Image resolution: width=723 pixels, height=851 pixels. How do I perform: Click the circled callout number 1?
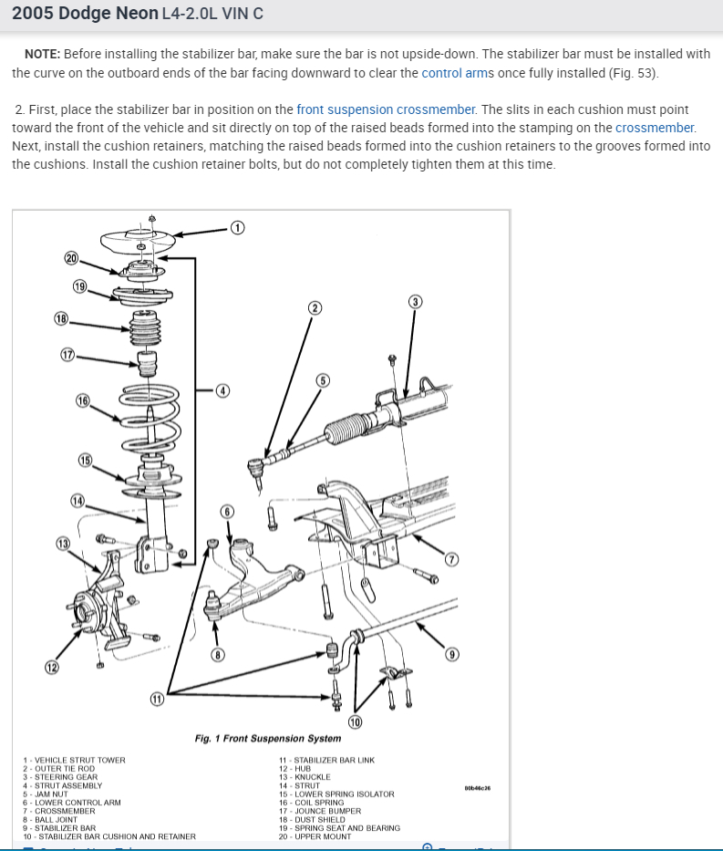pos(236,228)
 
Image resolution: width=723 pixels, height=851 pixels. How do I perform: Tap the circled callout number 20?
pos(72,257)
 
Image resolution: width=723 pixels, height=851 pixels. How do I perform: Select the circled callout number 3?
pos(415,301)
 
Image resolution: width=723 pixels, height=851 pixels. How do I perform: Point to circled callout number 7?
pos(451,559)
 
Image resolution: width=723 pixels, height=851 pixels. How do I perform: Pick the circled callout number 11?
pos(158,700)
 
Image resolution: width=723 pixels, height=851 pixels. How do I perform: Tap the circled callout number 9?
pos(452,654)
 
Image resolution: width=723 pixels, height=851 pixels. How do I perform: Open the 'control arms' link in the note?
pos(451,73)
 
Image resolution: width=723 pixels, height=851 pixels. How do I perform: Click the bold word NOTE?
pos(42,54)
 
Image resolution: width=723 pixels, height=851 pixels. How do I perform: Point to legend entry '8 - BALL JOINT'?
pos(50,819)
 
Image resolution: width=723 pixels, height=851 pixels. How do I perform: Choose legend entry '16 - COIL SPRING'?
pos(312,803)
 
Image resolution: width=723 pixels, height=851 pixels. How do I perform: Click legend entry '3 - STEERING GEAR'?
pos(60,777)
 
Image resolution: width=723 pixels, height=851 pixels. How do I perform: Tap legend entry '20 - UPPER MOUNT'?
pos(315,836)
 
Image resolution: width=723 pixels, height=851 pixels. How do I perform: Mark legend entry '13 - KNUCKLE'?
pos(305,777)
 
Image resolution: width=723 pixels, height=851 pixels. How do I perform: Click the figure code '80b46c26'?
pos(477,787)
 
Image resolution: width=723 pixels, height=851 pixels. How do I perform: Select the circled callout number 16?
pos(83,400)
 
